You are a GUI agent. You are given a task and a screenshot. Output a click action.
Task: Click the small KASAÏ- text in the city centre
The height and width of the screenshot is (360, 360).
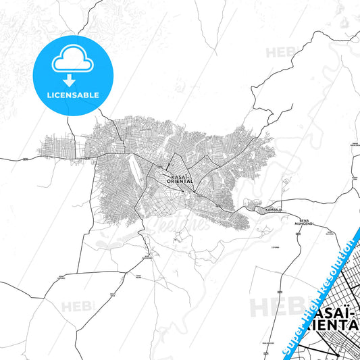[x=178, y=176]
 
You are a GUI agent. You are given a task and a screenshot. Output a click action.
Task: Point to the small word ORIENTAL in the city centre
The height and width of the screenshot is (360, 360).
[x=180, y=181]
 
